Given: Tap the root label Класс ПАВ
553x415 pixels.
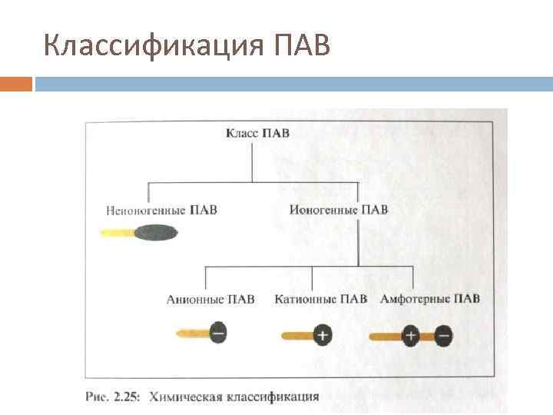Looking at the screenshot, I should pyautogui.click(x=257, y=133).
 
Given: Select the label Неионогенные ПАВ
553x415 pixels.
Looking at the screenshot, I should pyautogui.click(x=162, y=209).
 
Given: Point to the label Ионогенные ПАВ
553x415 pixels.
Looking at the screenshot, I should pyautogui.click(x=339, y=209).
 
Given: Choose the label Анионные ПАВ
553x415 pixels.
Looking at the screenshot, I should pyautogui.click(x=210, y=299).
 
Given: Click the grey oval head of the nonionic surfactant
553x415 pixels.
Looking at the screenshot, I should pyautogui.click(x=155, y=232).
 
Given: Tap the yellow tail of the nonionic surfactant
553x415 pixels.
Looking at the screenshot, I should pyautogui.click(x=117, y=233).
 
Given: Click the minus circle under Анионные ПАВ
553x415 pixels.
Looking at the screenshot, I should pyautogui.click(x=217, y=334).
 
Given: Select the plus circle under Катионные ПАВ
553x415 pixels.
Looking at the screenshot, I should pyautogui.click(x=323, y=335).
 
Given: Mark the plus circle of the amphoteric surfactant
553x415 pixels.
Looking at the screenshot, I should pyautogui.click(x=410, y=335).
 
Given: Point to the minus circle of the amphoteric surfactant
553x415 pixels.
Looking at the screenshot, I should pyautogui.click(x=443, y=335).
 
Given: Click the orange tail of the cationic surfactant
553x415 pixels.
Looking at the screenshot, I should pyautogui.click(x=296, y=336).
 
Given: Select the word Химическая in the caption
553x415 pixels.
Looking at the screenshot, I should pyautogui.click(x=190, y=397).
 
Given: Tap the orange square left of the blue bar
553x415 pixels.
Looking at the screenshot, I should pyautogui.click(x=16, y=84).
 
